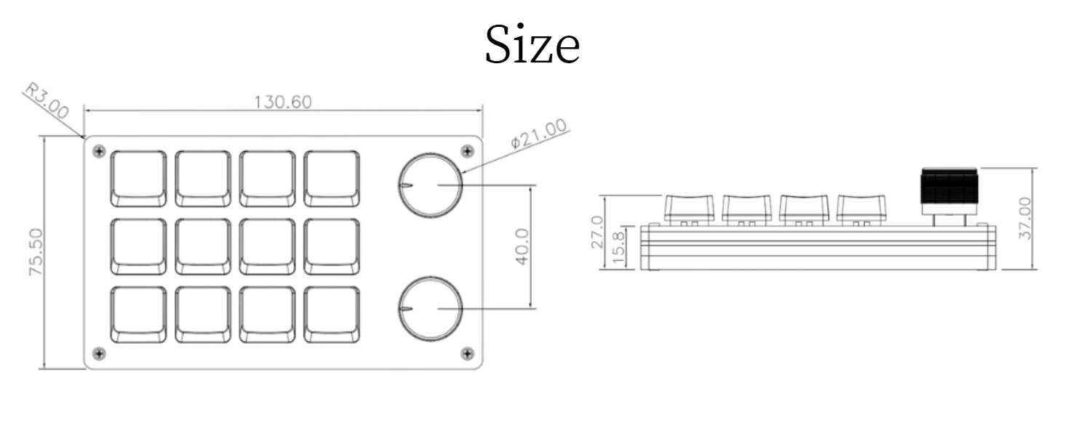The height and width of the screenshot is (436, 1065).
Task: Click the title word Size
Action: pyautogui.click(x=532, y=47)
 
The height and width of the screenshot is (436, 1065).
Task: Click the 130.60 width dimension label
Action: pyautogui.click(x=282, y=101)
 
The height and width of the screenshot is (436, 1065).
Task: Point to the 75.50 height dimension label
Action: pyautogui.click(x=35, y=252)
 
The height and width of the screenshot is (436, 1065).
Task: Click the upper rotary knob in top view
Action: pyautogui.click(x=430, y=185)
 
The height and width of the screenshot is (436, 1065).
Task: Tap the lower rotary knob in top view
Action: pyautogui.click(x=430, y=309)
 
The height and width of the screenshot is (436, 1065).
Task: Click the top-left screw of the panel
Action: pyautogui.click(x=100, y=151)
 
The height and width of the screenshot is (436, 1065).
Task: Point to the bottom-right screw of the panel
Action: pyautogui.click(x=466, y=354)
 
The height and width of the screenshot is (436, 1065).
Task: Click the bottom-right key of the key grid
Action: pyautogui.click(x=332, y=315)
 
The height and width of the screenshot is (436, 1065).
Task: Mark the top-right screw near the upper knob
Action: pyautogui.click(x=466, y=151)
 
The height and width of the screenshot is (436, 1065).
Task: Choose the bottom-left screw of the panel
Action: pyautogui.click(x=100, y=354)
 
